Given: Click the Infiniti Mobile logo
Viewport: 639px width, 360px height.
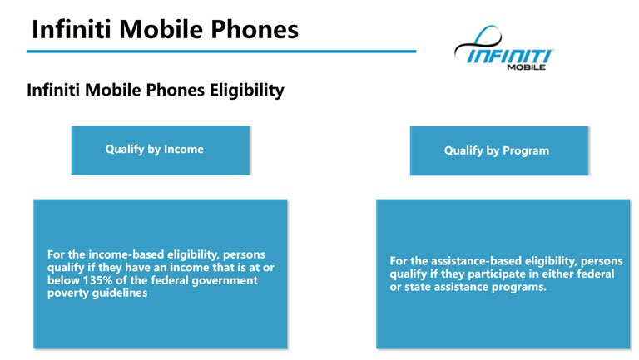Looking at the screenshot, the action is (503, 48).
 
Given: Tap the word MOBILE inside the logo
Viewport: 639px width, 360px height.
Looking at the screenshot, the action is (526, 67).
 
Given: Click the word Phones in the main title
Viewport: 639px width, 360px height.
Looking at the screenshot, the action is (255, 30).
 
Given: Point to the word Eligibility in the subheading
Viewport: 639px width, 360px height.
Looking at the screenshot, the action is (247, 91).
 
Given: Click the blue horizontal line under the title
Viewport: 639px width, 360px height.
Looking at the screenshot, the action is (221, 52).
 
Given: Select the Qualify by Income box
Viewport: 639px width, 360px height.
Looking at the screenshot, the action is (161, 150).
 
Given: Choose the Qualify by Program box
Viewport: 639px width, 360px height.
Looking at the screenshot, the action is (499, 150).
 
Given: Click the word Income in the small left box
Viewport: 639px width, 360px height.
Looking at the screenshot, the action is (183, 149).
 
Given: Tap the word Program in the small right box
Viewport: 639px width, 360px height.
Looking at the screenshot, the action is (526, 150).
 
